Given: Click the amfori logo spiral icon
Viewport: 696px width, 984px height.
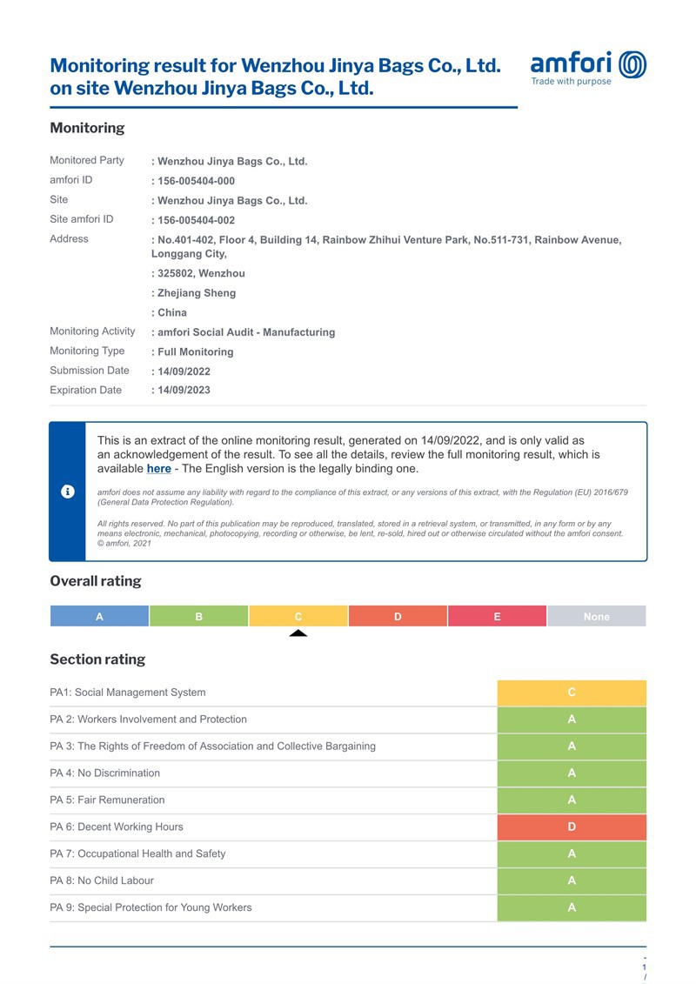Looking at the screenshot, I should (632, 64).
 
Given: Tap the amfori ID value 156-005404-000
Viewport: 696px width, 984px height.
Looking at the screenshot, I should (196, 181).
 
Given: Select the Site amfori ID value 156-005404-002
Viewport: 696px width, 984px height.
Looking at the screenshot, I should (196, 220).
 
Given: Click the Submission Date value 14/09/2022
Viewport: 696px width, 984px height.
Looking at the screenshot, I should (184, 372).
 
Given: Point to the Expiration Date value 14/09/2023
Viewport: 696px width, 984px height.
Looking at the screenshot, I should (184, 391).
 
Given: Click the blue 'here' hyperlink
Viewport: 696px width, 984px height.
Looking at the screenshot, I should (158, 469).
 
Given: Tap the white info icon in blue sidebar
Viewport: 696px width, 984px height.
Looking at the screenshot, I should (68, 492).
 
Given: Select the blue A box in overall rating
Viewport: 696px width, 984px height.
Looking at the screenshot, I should (99, 616).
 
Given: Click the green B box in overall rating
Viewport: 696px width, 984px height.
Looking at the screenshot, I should (198, 616).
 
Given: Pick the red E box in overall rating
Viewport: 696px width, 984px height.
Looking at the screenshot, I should (497, 616).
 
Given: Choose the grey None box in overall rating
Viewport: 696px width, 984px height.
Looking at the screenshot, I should (596, 616).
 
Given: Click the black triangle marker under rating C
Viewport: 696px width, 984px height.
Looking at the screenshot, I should (298, 633).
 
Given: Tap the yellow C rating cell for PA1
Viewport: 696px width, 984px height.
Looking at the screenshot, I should (572, 693).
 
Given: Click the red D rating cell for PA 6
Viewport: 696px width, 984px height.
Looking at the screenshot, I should (572, 827).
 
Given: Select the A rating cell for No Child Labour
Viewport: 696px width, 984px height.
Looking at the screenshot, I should (572, 880).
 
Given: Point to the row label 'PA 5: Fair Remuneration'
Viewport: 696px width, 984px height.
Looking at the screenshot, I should (107, 800).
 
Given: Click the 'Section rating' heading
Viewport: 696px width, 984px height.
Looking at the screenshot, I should (97, 659).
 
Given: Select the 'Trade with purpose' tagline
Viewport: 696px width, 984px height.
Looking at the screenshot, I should (571, 82).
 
